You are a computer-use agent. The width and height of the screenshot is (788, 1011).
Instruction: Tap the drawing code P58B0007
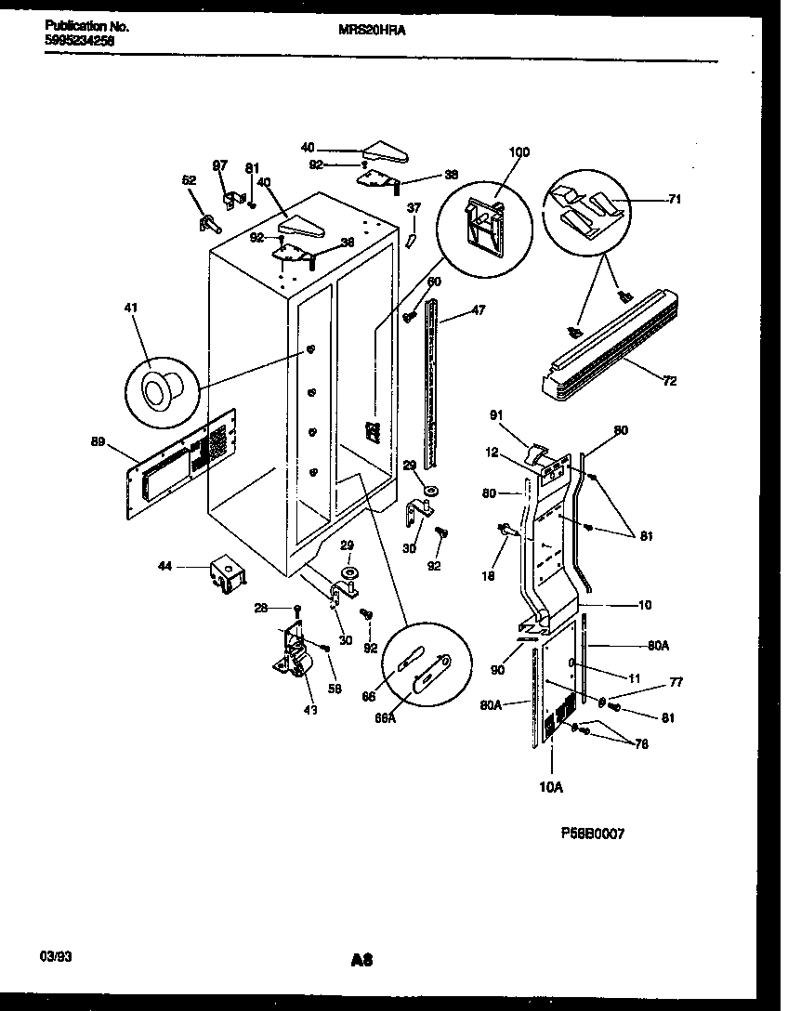click(593, 834)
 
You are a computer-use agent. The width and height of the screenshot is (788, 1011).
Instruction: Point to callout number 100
click(519, 152)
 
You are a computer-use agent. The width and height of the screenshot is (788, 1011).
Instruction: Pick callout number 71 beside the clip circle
click(675, 198)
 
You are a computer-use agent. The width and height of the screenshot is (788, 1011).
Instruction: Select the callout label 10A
click(551, 787)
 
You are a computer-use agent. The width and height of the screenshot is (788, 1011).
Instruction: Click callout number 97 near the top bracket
click(219, 165)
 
